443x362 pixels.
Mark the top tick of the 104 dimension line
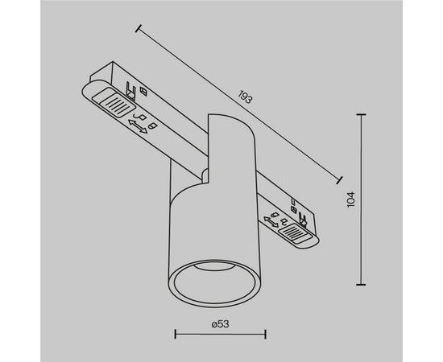pyautogui.click(x=361, y=114)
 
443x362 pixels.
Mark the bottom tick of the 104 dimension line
pyautogui.click(x=361, y=283)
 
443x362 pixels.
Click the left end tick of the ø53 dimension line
pyautogui.click(x=176, y=332)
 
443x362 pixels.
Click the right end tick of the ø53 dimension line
pyautogui.click(x=265, y=332)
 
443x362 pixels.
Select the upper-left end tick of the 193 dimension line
pyautogui.click(x=139, y=30)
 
